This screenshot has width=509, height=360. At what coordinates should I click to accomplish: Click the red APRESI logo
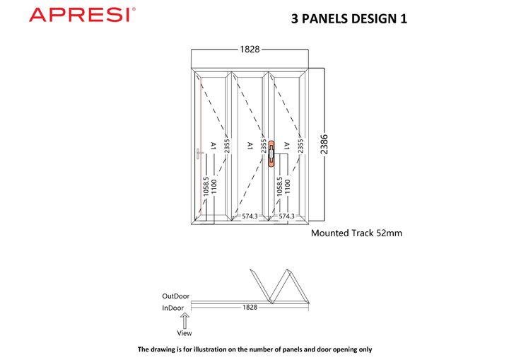pos(83,15)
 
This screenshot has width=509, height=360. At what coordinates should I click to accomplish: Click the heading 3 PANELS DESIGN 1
pos(349,18)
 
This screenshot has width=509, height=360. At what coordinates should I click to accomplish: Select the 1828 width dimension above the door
pos(250,50)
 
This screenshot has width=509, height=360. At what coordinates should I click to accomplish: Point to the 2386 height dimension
pos(324,144)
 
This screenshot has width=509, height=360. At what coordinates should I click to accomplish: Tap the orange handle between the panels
pos(271,154)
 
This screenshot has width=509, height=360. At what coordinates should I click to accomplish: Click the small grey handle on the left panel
pos(199,153)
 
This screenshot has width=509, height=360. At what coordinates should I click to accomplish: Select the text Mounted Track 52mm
pos(356,233)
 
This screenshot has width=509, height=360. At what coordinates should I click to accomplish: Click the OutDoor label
pos(175,296)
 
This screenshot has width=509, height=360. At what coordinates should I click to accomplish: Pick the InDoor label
pos(173,308)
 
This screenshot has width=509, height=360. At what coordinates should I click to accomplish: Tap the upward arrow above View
pos(185,320)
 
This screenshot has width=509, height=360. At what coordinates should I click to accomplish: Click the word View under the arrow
pos(185,333)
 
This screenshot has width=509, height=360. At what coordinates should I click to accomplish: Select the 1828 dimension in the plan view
pos(250,307)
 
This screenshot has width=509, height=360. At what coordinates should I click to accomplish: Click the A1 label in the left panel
pos(213,146)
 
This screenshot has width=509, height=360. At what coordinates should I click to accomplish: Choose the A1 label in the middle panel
pos(250,146)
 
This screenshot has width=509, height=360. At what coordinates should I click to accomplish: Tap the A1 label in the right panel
pos(286,146)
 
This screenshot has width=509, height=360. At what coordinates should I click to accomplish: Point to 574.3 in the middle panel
pos(250,216)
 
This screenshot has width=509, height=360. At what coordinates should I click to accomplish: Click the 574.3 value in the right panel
pos(286,216)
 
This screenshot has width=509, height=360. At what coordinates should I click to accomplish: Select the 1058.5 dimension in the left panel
pos(206,187)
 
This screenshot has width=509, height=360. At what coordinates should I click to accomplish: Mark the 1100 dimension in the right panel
pos(287,187)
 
